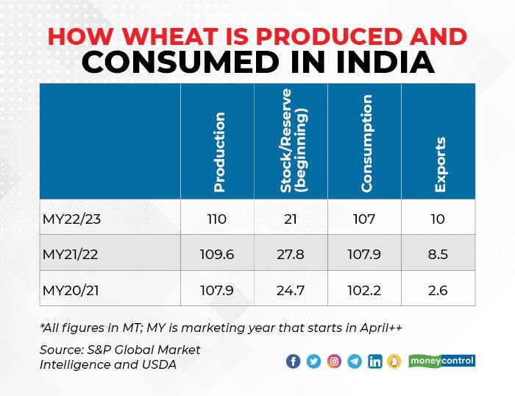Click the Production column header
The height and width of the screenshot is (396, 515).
click(219, 152)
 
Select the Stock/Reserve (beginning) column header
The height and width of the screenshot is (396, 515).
click(291, 141)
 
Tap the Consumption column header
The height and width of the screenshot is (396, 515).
click(366, 144)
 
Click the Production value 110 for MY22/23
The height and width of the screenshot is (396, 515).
click(218, 218)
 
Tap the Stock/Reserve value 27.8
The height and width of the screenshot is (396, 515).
click(291, 253)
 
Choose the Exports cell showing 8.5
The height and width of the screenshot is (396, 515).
click(438, 253)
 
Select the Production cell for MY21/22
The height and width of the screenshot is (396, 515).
click(218, 253)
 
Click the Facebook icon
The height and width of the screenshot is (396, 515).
click(293, 361)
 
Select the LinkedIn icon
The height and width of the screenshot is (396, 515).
click(375, 361)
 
